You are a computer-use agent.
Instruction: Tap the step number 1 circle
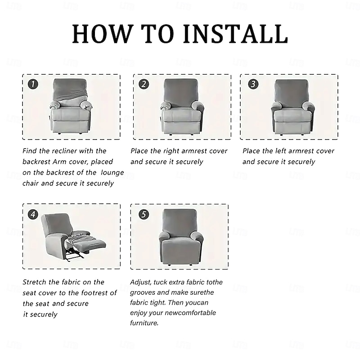[33, 84]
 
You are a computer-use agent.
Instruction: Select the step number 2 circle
[144, 84]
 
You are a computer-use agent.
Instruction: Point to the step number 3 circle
[253, 84]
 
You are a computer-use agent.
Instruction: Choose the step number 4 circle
[33, 215]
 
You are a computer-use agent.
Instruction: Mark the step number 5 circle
[144, 215]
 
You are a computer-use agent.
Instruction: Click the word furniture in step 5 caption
[144, 323]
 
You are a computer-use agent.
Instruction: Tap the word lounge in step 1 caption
[112, 173]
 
